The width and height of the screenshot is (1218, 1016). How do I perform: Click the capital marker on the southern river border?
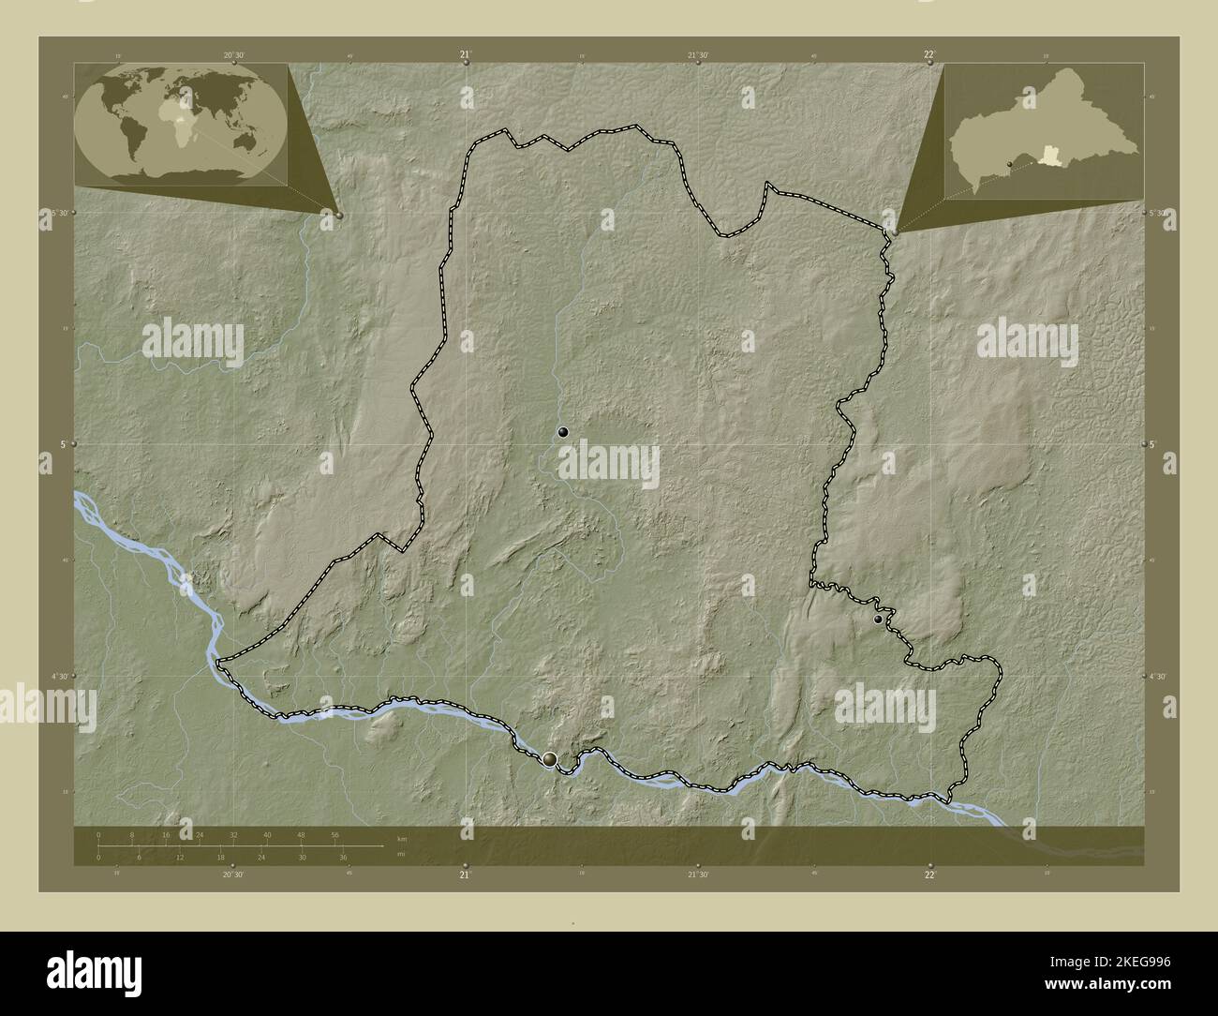[x=549, y=758]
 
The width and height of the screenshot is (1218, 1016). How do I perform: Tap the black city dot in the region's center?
[x=563, y=432]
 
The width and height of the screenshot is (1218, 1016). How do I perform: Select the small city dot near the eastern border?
[x=878, y=620]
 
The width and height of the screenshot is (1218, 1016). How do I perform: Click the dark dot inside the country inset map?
[x=1010, y=164]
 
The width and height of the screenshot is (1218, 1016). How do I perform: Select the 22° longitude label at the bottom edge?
[x=929, y=874]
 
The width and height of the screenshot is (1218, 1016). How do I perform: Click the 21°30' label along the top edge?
[x=698, y=54]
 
